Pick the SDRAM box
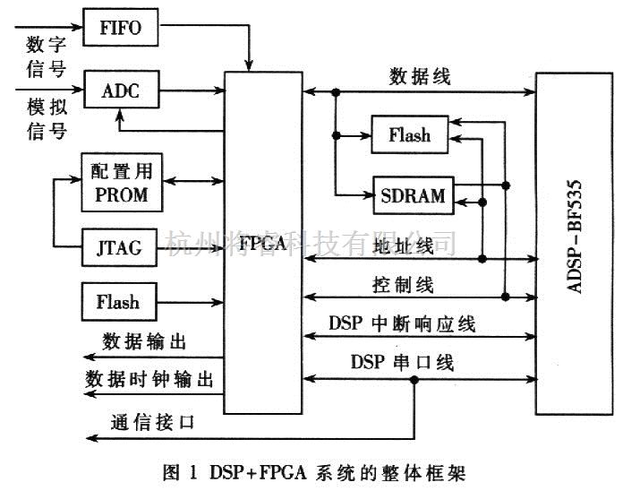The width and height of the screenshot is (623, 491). point(413,194)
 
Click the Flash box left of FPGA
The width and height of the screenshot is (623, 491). point(118,301)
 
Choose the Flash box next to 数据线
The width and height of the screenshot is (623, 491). point(410,136)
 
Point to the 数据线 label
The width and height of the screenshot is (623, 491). point(421,76)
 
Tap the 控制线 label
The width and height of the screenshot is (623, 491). point(403,285)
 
